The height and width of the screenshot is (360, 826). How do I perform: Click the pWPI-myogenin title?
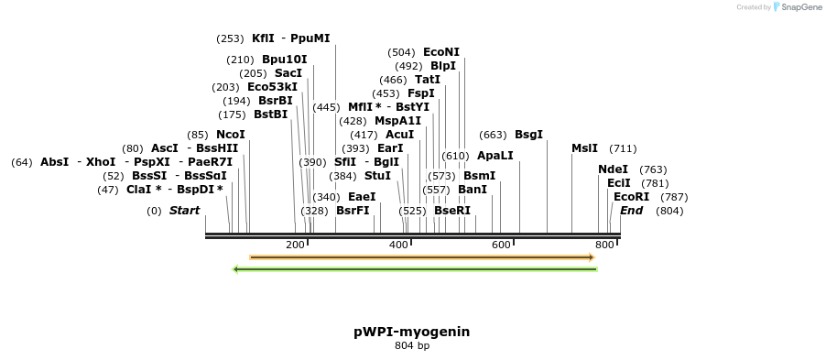click(x=411, y=332)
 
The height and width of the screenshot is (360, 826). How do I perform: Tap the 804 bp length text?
click(x=411, y=346)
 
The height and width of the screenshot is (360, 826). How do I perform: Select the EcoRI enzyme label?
click(x=631, y=197)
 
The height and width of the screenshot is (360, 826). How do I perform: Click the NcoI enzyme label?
click(x=231, y=135)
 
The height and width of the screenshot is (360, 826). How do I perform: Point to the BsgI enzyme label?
click(x=528, y=135)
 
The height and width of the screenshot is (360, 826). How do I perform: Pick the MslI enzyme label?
click(x=584, y=148)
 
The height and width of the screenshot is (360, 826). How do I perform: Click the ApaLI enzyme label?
click(x=495, y=156)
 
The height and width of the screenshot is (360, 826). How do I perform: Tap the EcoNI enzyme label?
click(x=441, y=52)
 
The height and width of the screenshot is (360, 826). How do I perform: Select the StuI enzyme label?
click(x=377, y=176)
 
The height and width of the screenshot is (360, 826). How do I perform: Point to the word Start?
click(x=184, y=211)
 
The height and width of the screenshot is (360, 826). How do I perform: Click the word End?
click(x=631, y=211)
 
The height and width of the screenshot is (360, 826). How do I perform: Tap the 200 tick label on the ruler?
click(x=295, y=245)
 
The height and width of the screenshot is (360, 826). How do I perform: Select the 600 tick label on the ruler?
click(x=501, y=245)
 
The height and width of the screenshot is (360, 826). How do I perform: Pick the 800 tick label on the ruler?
click(x=603, y=245)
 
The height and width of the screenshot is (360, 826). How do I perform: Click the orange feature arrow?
click(x=421, y=257)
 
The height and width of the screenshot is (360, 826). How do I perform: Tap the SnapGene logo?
click(x=796, y=7)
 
